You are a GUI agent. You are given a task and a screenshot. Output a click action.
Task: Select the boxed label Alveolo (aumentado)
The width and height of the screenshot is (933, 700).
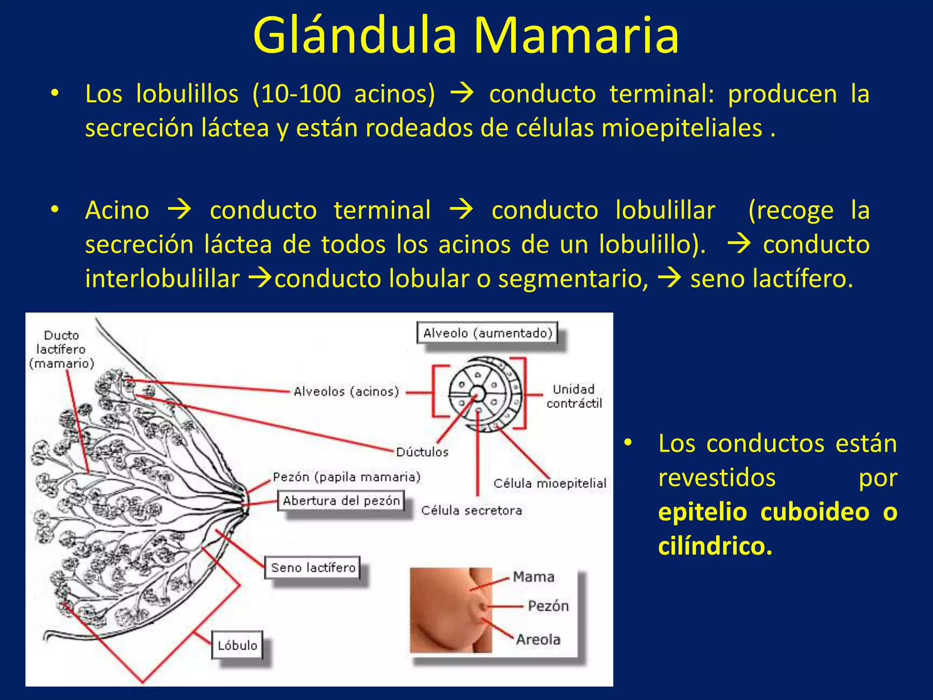487,333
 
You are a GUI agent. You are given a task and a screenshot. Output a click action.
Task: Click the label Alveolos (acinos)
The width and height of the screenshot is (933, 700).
346,391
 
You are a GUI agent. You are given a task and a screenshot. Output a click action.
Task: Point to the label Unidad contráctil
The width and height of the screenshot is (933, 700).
574,396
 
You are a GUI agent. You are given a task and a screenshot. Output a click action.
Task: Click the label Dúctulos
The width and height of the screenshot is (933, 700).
422,452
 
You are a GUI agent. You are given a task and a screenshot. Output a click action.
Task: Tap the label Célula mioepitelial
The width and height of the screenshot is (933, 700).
549,483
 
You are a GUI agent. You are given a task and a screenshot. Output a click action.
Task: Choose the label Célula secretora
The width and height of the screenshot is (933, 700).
471,510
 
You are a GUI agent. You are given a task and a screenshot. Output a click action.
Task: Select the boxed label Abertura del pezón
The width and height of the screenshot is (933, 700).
341,501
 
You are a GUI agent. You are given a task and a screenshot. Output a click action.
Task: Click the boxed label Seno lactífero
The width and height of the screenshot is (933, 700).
313,568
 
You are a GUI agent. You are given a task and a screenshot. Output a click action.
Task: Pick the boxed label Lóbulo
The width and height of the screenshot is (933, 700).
237,645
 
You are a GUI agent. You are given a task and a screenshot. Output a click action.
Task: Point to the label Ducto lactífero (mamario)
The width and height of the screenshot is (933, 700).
62,350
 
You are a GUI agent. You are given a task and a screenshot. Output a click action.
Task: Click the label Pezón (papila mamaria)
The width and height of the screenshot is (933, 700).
346,477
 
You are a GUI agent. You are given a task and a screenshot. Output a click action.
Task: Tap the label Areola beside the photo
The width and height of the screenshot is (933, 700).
538,639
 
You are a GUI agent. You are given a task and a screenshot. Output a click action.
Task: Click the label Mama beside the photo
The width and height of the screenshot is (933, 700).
533,577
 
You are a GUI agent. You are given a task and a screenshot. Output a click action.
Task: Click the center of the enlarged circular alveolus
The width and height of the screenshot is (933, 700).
477,393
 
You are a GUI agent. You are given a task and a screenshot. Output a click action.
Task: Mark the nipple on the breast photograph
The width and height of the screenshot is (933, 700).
483,607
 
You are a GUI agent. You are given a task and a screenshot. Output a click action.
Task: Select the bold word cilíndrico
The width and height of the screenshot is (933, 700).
715,546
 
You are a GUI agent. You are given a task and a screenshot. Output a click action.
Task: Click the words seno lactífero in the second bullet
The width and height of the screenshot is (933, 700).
771,278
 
